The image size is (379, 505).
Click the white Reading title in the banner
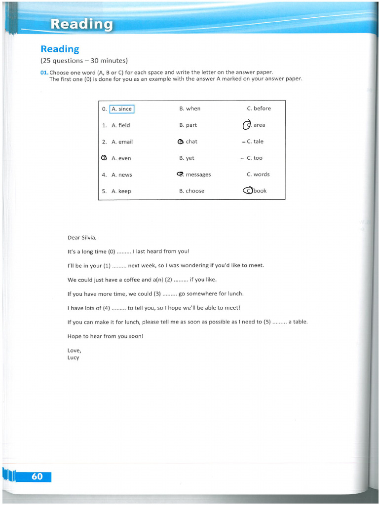click(x=81, y=24)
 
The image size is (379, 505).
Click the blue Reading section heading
click(x=60, y=49)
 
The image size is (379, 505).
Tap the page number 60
click(x=37, y=476)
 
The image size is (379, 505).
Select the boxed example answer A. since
click(x=122, y=109)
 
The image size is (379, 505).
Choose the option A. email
click(x=122, y=142)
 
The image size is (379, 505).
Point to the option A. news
click(x=121, y=175)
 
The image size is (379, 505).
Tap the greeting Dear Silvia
click(x=78, y=238)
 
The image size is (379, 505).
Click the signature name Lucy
click(x=73, y=358)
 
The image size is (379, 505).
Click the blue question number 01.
click(x=44, y=72)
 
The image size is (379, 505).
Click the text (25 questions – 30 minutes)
click(x=84, y=61)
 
